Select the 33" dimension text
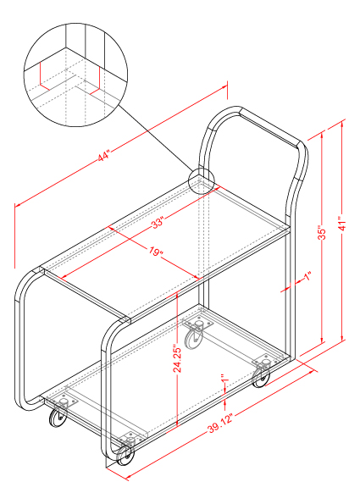tap(158, 223)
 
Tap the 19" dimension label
tap(156, 251)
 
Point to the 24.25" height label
tap(178, 359)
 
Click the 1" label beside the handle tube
tap(308, 276)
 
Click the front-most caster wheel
tap(125, 456)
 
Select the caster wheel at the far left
tap(58, 418)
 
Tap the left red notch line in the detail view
tap(42, 77)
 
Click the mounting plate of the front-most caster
tap(131, 437)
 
